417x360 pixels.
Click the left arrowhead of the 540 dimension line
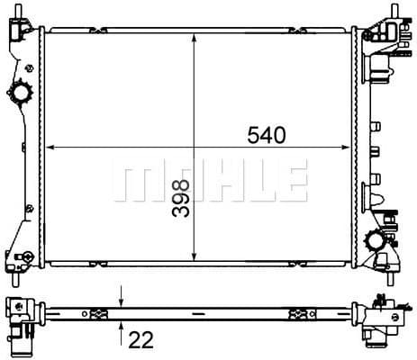50,147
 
